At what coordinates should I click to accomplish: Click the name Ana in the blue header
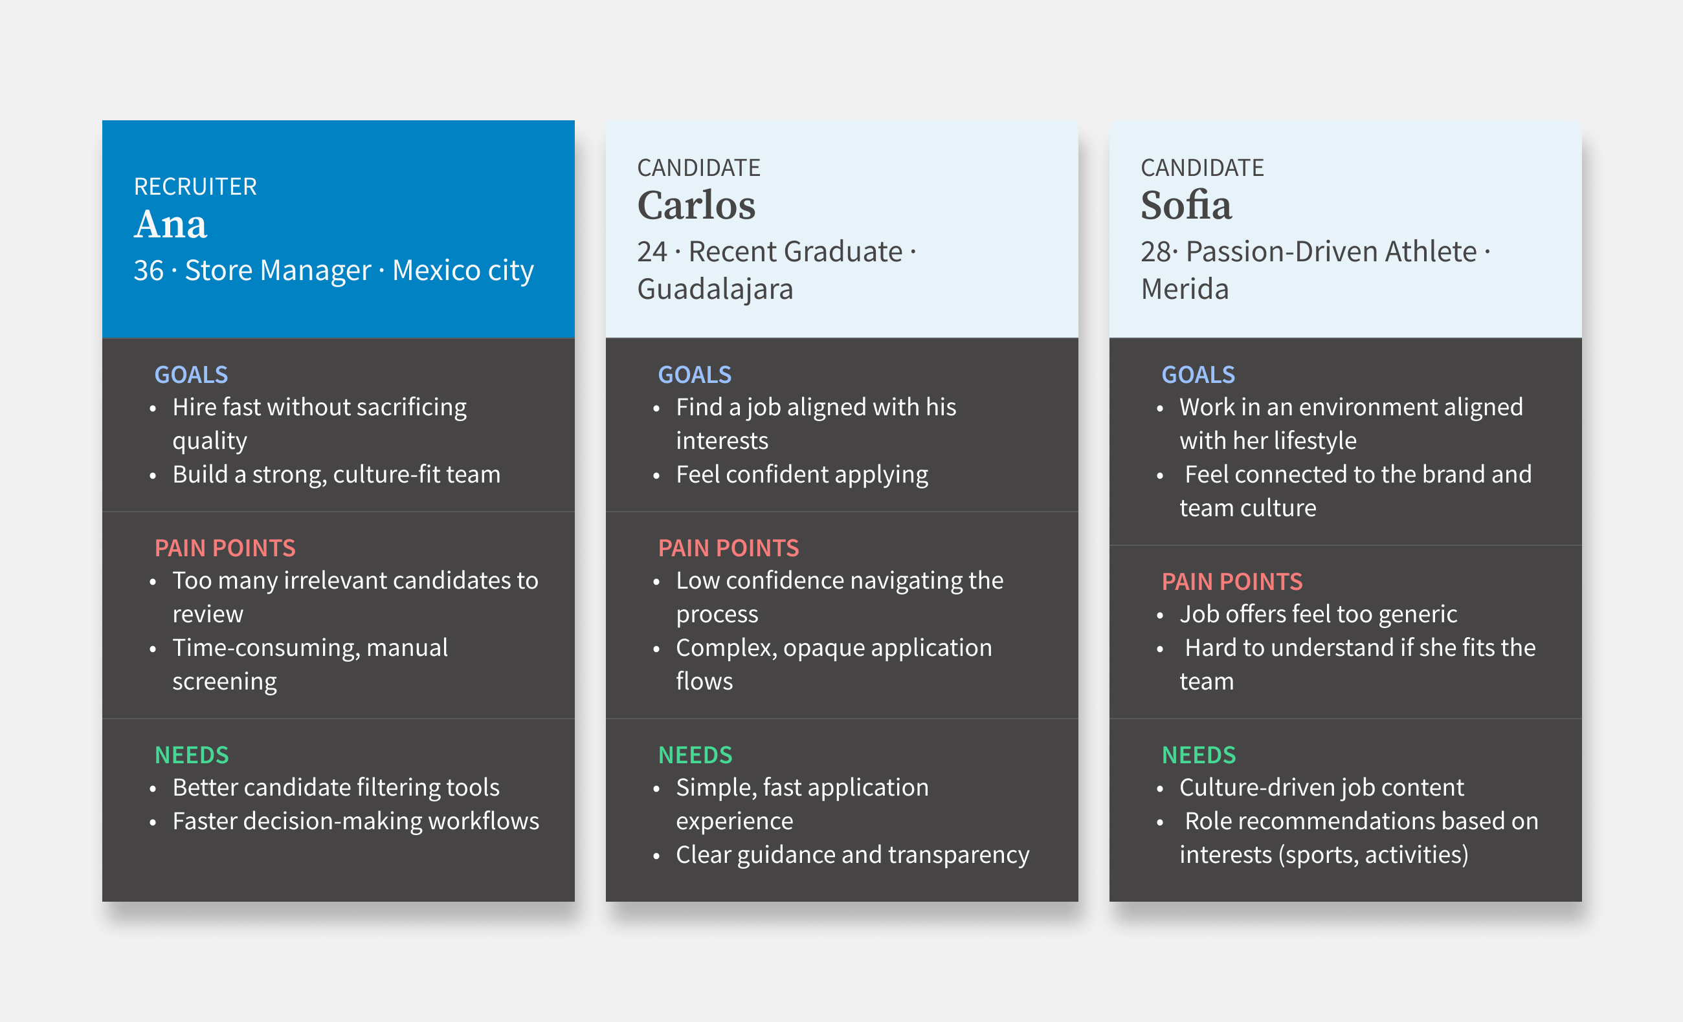coord(170,224)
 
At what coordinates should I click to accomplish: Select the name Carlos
coord(696,206)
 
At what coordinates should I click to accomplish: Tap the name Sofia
coord(1186,205)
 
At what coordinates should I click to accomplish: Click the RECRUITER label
coord(195,186)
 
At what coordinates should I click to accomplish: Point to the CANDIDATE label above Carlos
coord(698,168)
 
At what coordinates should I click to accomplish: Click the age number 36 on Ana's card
coord(148,270)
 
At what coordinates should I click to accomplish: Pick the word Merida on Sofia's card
coord(1185,288)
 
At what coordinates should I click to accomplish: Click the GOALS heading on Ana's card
coord(191,375)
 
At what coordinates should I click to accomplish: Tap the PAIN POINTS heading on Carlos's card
coord(728,549)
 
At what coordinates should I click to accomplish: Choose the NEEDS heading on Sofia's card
coord(1199,755)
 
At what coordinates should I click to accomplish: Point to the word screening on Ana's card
coord(225,682)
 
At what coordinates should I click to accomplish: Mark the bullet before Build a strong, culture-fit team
coord(153,476)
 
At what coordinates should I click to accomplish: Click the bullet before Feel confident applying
coord(656,476)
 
